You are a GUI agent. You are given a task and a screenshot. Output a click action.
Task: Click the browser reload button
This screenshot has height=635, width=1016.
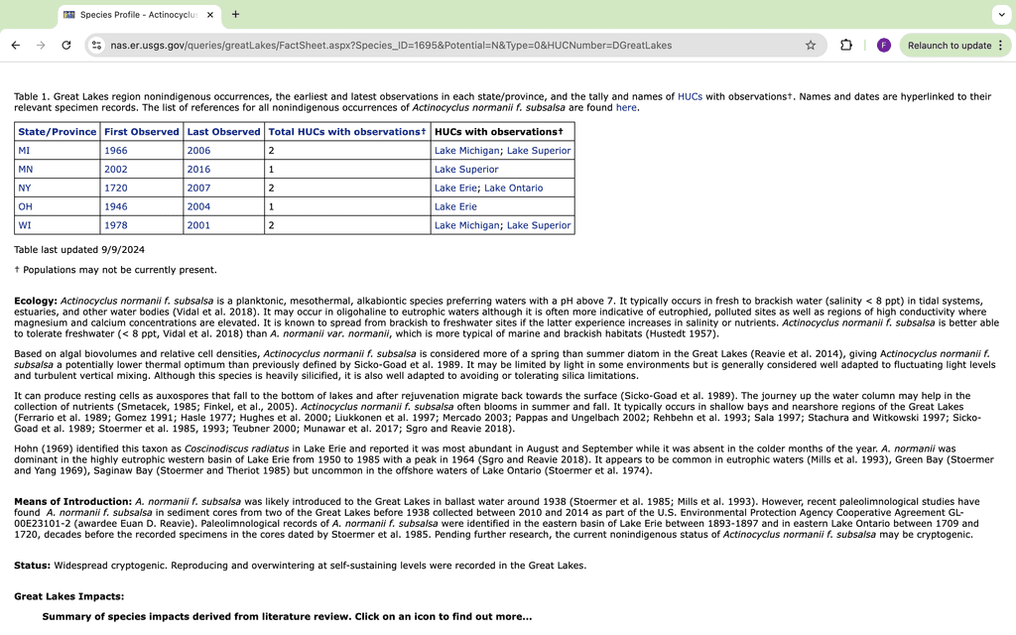[66, 46]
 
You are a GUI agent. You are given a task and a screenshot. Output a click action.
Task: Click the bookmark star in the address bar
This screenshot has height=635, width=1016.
[811, 46]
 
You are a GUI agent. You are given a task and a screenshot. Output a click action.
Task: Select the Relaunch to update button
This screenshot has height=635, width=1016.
[949, 46]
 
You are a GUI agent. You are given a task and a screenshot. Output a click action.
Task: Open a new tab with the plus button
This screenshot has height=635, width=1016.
[235, 15]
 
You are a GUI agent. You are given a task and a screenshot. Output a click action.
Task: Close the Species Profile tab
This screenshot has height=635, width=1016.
[210, 15]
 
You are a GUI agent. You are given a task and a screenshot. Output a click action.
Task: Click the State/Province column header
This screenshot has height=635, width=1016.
[58, 132]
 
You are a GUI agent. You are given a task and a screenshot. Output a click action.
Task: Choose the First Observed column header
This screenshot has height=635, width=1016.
[142, 132]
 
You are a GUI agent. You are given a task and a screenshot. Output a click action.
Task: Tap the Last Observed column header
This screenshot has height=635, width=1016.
[223, 132]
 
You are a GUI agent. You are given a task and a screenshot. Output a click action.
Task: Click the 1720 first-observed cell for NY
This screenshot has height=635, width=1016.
[115, 189]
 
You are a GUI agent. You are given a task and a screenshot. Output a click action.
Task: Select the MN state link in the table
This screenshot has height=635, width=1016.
[26, 170]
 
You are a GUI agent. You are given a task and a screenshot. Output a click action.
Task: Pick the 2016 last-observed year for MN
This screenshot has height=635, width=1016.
[198, 170]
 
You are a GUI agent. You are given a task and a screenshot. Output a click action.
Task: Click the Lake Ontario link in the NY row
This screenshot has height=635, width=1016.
[514, 189]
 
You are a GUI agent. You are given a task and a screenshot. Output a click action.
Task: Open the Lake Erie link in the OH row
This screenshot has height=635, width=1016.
[455, 207]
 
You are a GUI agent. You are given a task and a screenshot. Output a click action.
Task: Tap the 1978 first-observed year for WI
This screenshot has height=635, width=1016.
[115, 226]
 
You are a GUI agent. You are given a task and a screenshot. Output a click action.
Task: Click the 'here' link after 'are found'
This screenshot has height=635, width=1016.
[626, 108]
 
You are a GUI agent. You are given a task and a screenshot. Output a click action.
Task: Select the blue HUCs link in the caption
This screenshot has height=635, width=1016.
[691, 97]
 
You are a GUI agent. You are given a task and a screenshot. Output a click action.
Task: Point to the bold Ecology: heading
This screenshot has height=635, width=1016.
[36, 301]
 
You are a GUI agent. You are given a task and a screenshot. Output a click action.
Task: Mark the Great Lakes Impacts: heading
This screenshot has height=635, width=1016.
[69, 596]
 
